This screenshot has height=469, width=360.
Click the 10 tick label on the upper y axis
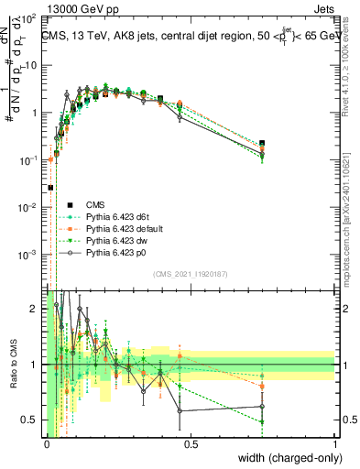click(x=31, y=65)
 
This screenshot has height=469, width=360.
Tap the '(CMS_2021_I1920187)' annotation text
click(x=191, y=272)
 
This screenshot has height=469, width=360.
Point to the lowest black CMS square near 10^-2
click(x=50, y=188)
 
